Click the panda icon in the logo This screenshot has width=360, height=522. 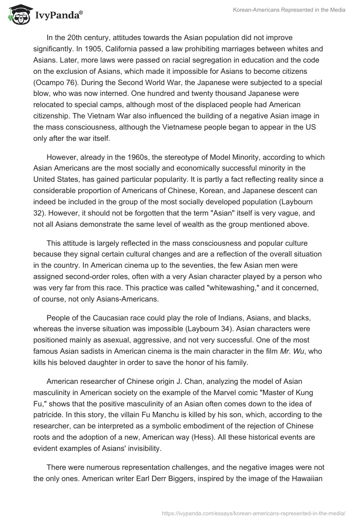coord(17,15)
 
